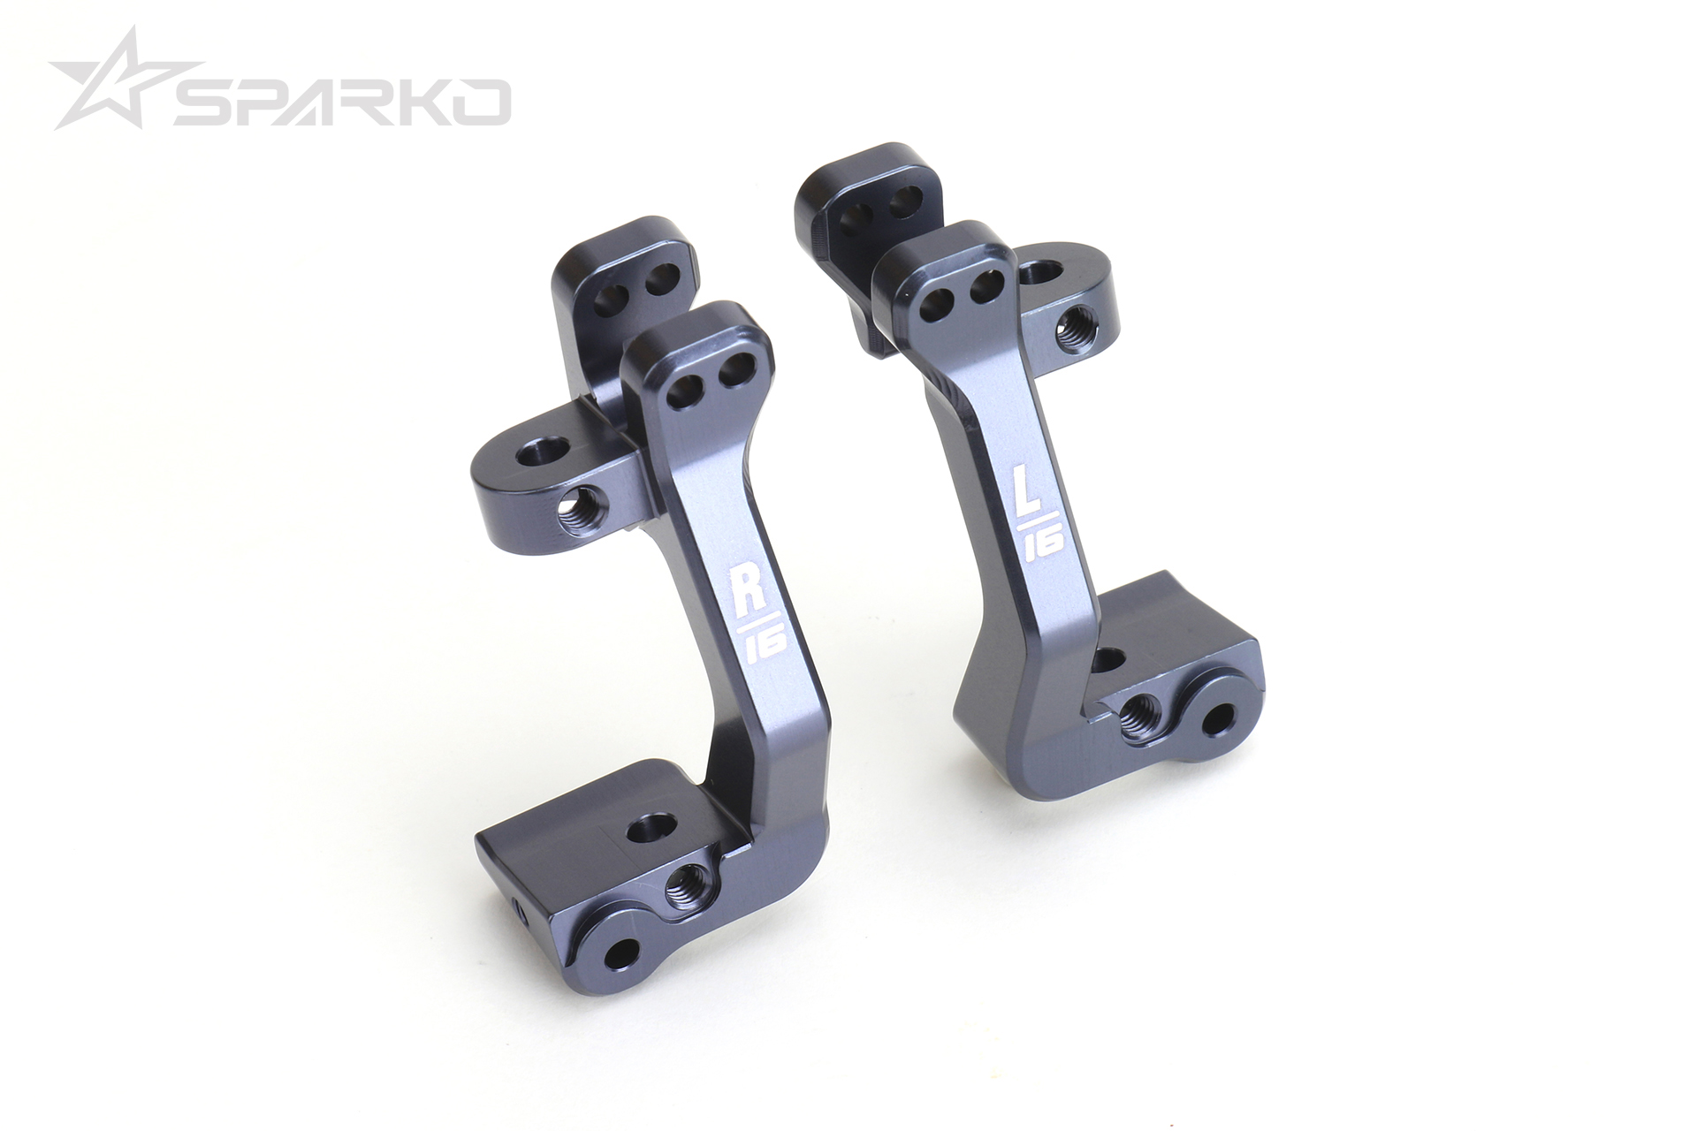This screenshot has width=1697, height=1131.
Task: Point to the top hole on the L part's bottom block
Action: pos(1110,658)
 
